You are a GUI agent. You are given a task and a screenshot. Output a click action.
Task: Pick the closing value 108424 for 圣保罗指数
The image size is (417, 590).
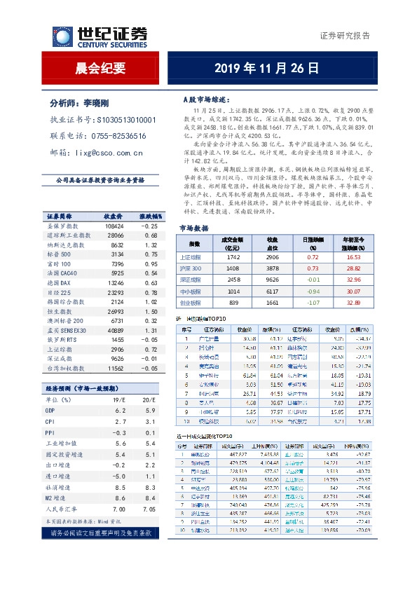coord(114,226)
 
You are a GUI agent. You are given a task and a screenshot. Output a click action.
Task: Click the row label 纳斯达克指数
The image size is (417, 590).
coord(66,246)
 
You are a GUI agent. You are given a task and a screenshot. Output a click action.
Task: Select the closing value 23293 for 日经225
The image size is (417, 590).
coord(116,291)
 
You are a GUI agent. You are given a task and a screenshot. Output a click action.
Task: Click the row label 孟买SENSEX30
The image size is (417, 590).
coord(67,329)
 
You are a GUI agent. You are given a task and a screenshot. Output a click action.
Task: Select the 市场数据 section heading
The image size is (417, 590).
coord(194,228)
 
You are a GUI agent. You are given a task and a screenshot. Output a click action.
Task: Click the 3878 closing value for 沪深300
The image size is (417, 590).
coord(273,268)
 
